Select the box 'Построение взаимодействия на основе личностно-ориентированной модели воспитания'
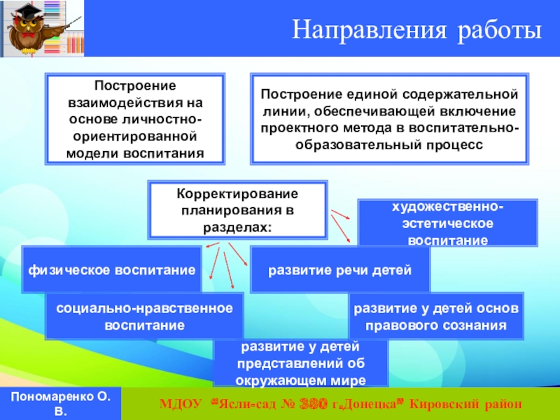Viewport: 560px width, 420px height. [135, 118]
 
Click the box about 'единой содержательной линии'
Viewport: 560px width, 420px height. [390, 118]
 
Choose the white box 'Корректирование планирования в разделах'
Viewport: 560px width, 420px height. [237, 209]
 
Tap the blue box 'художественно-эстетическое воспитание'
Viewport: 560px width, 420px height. [448, 223]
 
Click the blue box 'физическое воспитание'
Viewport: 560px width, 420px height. [112, 269]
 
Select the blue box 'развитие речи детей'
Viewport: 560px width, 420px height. [340, 269]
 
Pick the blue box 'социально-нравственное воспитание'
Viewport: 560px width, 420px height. [144, 316]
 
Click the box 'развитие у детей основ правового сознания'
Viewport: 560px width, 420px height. [435, 316]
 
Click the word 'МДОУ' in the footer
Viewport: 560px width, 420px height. [180, 405]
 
